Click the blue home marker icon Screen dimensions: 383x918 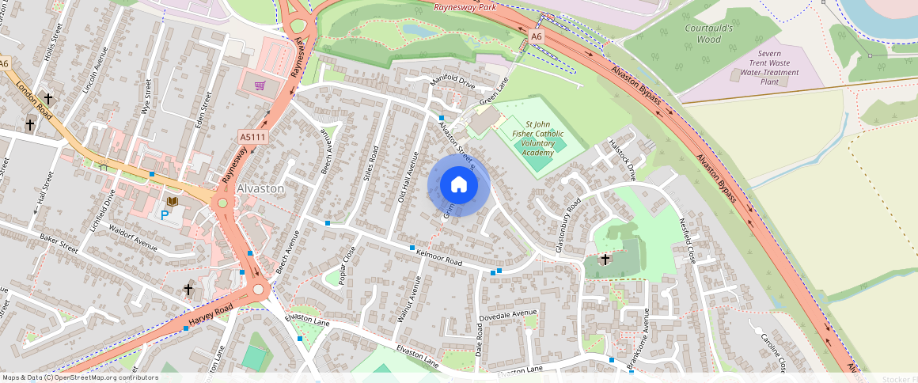click(x=459, y=185)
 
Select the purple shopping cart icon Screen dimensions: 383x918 click(x=260, y=85)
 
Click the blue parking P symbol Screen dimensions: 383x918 click(x=165, y=214)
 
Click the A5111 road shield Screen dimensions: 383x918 click(x=253, y=138)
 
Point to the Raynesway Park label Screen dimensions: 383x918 click(x=465, y=7)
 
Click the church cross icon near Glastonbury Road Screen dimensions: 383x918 click(x=605, y=259)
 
